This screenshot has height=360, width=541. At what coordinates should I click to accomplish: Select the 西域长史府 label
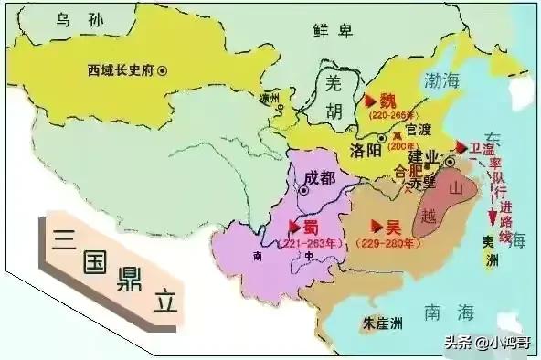(121, 69)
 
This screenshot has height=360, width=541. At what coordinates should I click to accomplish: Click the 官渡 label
(418, 130)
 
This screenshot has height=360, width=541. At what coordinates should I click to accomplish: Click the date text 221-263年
(306, 243)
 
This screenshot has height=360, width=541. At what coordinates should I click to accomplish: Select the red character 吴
(387, 225)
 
